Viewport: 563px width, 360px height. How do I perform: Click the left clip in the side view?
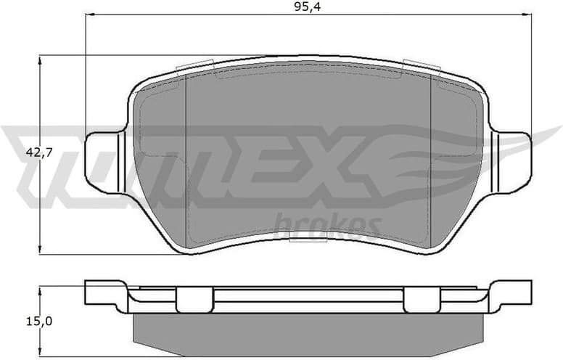194,299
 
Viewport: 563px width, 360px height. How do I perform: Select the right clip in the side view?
423,299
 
